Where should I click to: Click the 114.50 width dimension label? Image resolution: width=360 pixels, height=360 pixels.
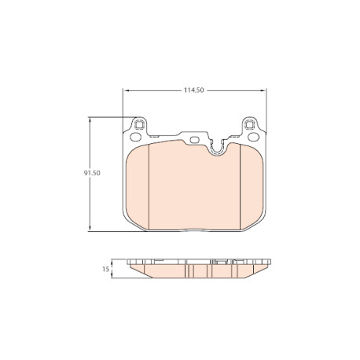click(193, 90)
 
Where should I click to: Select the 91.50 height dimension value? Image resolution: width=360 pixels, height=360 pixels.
click(92, 173)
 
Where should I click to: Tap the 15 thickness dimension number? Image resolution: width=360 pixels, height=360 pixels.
click(105, 269)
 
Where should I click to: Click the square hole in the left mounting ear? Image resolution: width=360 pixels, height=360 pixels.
click(138, 125)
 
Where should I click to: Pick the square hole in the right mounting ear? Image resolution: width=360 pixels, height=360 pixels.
click(249, 125)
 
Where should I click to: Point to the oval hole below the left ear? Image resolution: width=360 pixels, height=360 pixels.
click(135, 137)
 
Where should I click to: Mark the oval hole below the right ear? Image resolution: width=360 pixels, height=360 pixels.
click(253, 137)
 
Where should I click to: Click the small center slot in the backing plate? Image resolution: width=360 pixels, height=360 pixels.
click(194, 140)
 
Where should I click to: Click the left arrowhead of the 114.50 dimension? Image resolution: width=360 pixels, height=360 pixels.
click(127, 90)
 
